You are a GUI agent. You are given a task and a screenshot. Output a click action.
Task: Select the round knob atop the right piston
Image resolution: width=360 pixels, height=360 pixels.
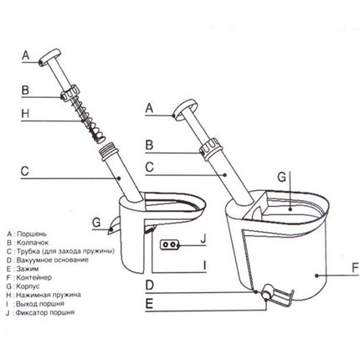pyautogui.click(x=185, y=111)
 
